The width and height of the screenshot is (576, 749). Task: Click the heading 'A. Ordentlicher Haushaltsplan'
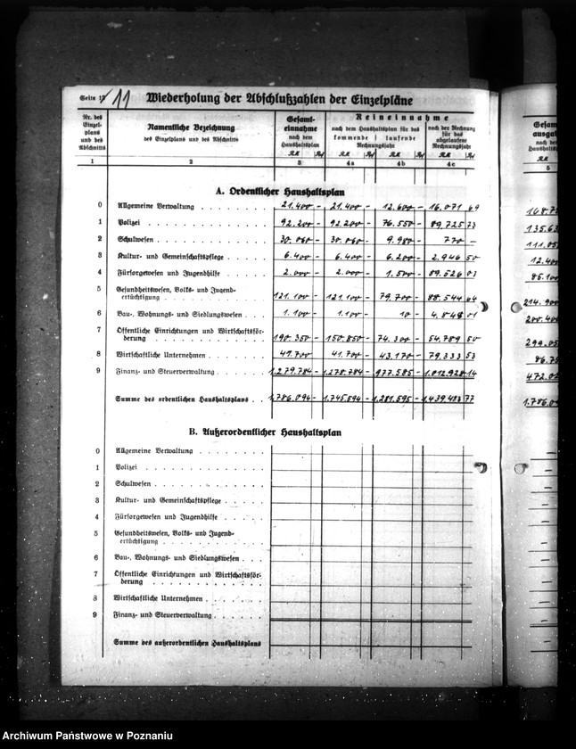click(x=278, y=191)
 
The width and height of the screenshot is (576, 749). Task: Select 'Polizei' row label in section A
click(x=128, y=222)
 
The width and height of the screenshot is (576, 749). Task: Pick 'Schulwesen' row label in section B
click(x=134, y=483)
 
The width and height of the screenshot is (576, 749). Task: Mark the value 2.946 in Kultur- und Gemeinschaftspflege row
click(x=445, y=257)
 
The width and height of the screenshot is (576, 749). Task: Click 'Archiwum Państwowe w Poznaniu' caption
click(x=86, y=736)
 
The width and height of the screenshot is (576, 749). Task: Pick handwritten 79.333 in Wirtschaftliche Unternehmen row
click(x=443, y=354)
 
